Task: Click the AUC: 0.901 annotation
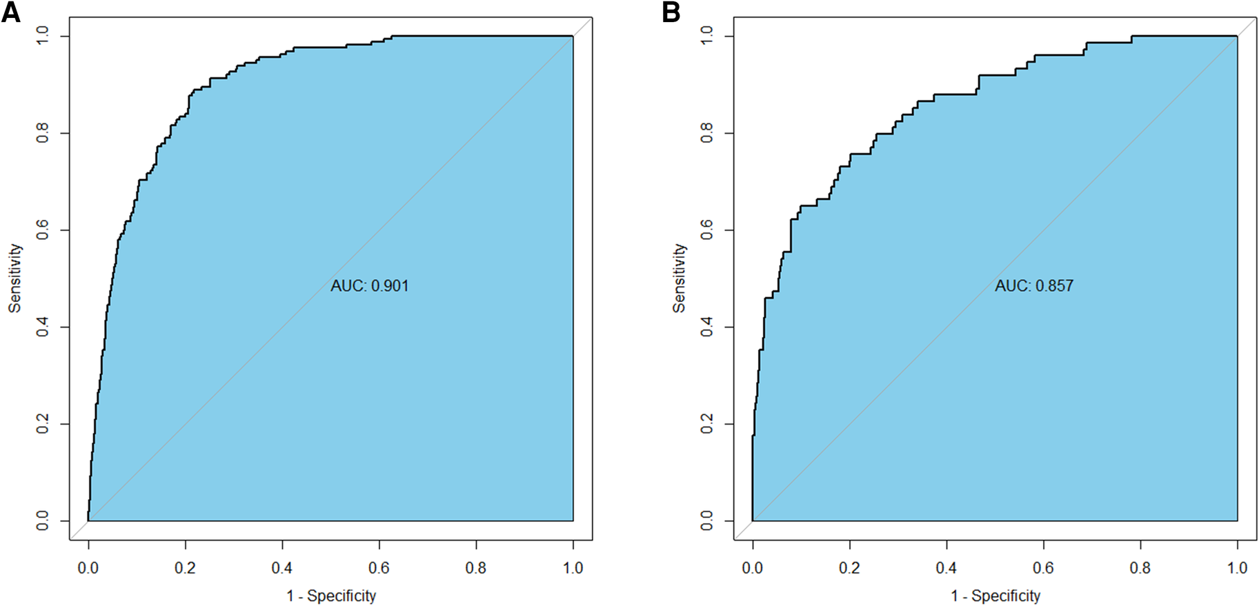pyautogui.click(x=369, y=285)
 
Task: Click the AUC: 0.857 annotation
pyautogui.click(x=1033, y=285)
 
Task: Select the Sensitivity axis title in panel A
pyautogui.click(x=14, y=278)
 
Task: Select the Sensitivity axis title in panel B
pyautogui.click(x=679, y=278)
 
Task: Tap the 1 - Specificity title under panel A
pyautogui.click(x=331, y=596)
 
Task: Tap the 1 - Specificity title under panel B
pyautogui.click(x=995, y=596)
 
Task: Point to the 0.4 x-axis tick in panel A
pyautogui.click(x=281, y=568)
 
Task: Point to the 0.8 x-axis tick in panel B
pyautogui.click(x=1140, y=568)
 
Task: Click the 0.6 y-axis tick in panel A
pyautogui.click(x=42, y=230)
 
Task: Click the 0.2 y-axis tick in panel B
pyautogui.click(x=706, y=424)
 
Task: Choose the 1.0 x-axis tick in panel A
pyautogui.click(x=573, y=568)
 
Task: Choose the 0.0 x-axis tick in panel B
pyautogui.click(x=752, y=568)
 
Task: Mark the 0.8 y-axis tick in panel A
pyautogui.click(x=42, y=132)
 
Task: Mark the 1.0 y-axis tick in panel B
pyautogui.click(x=706, y=36)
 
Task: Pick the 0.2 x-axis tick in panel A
pyautogui.click(x=185, y=568)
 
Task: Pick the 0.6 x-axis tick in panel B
pyautogui.click(x=1043, y=568)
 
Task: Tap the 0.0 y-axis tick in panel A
pyautogui.click(x=42, y=521)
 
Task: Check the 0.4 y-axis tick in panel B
pyautogui.click(x=706, y=327)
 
